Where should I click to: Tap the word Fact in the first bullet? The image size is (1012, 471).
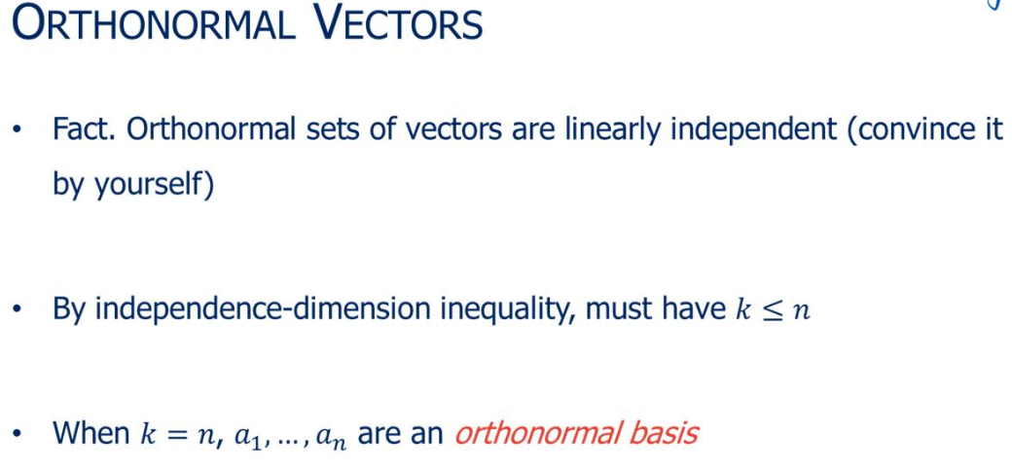[x=84, y=129]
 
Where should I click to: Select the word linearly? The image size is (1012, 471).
[x=596, y=129]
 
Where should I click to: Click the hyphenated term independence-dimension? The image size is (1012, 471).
[x=254, y=308]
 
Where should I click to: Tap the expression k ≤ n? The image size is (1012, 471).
[x=769, y=310]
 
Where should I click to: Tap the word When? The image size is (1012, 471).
[x=91, y=432]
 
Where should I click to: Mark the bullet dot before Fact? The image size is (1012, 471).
[x=18, y=130]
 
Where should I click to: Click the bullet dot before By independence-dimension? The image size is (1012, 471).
[x=18, y=309]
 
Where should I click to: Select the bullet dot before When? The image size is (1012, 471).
[x=18, y=433]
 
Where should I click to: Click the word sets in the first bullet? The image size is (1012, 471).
[x=303, y=129]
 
